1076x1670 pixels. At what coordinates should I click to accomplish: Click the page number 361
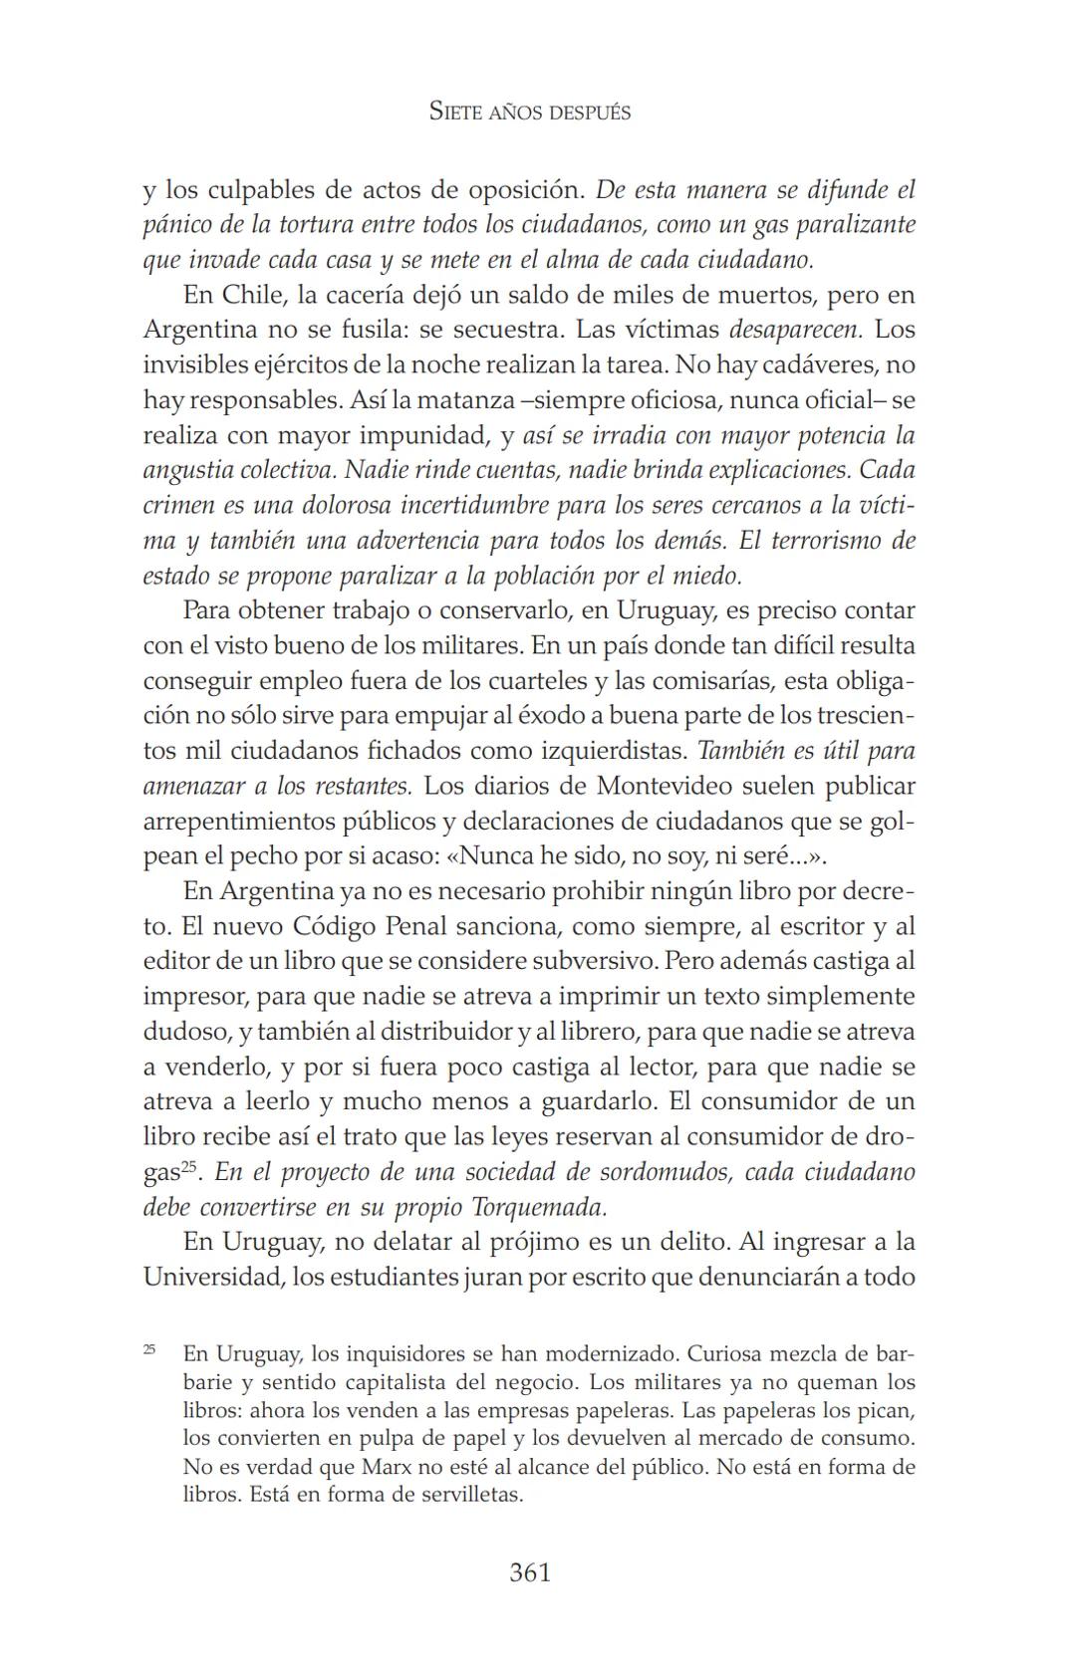click(530, 1572)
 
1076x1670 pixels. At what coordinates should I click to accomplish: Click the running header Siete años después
click(530, 112)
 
